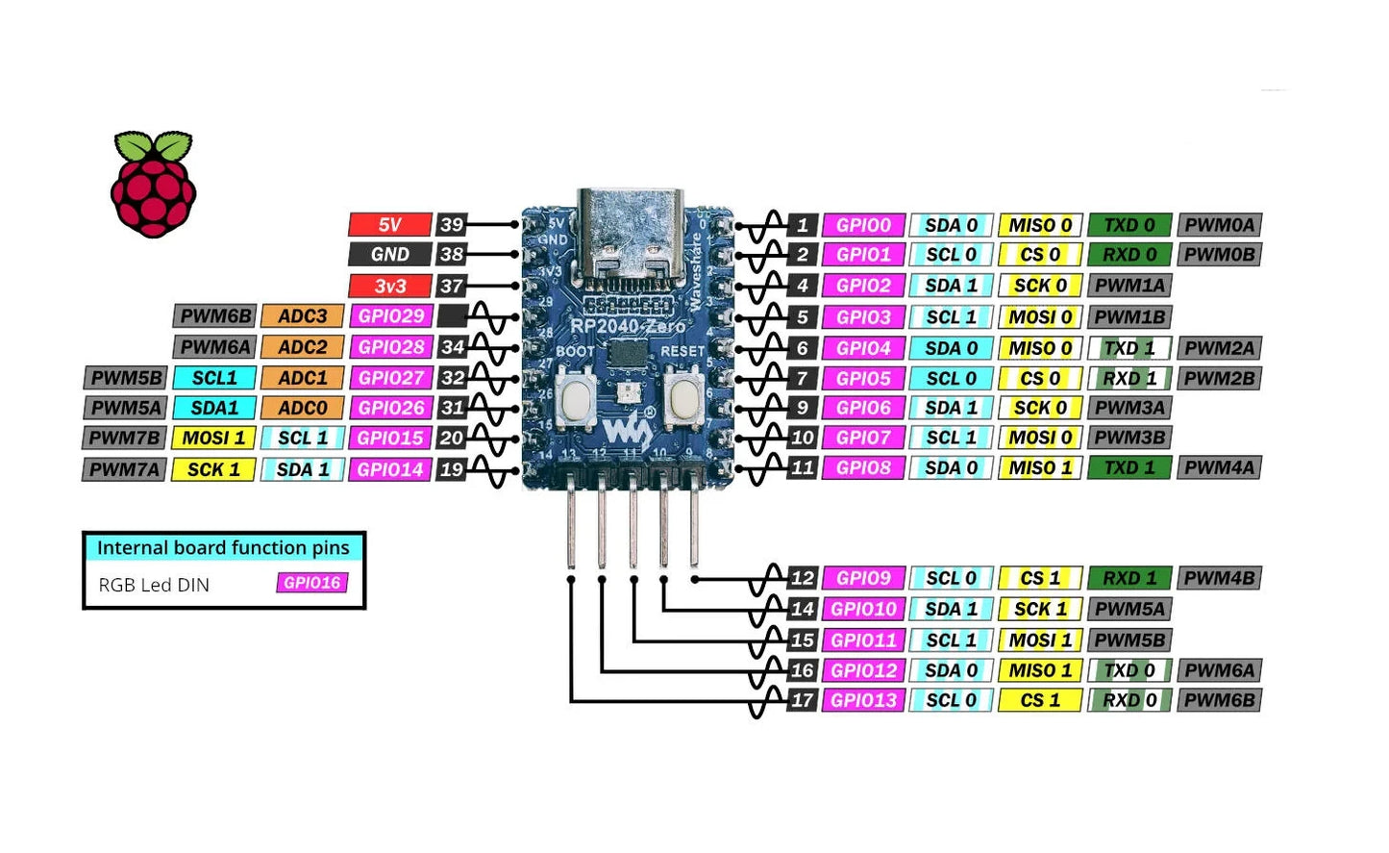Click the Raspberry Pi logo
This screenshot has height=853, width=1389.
153,185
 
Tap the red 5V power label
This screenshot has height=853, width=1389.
389,225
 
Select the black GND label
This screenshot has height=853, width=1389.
389,255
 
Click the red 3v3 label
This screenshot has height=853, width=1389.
389,287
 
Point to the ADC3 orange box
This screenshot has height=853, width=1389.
302,316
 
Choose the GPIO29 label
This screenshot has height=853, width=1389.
390,316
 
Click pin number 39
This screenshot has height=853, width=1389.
451,225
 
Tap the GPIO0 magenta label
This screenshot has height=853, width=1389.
863,225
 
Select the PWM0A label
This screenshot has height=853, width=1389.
1219,225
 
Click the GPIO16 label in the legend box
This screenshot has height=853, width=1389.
311,583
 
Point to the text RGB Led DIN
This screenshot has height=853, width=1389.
154,585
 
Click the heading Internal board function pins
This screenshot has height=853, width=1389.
223,548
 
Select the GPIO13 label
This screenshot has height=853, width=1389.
863,701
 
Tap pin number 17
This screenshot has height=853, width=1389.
802,701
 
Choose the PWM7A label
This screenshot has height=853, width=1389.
125,469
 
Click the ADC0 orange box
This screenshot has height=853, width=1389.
302,408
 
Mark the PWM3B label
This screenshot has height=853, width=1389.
1129,438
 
